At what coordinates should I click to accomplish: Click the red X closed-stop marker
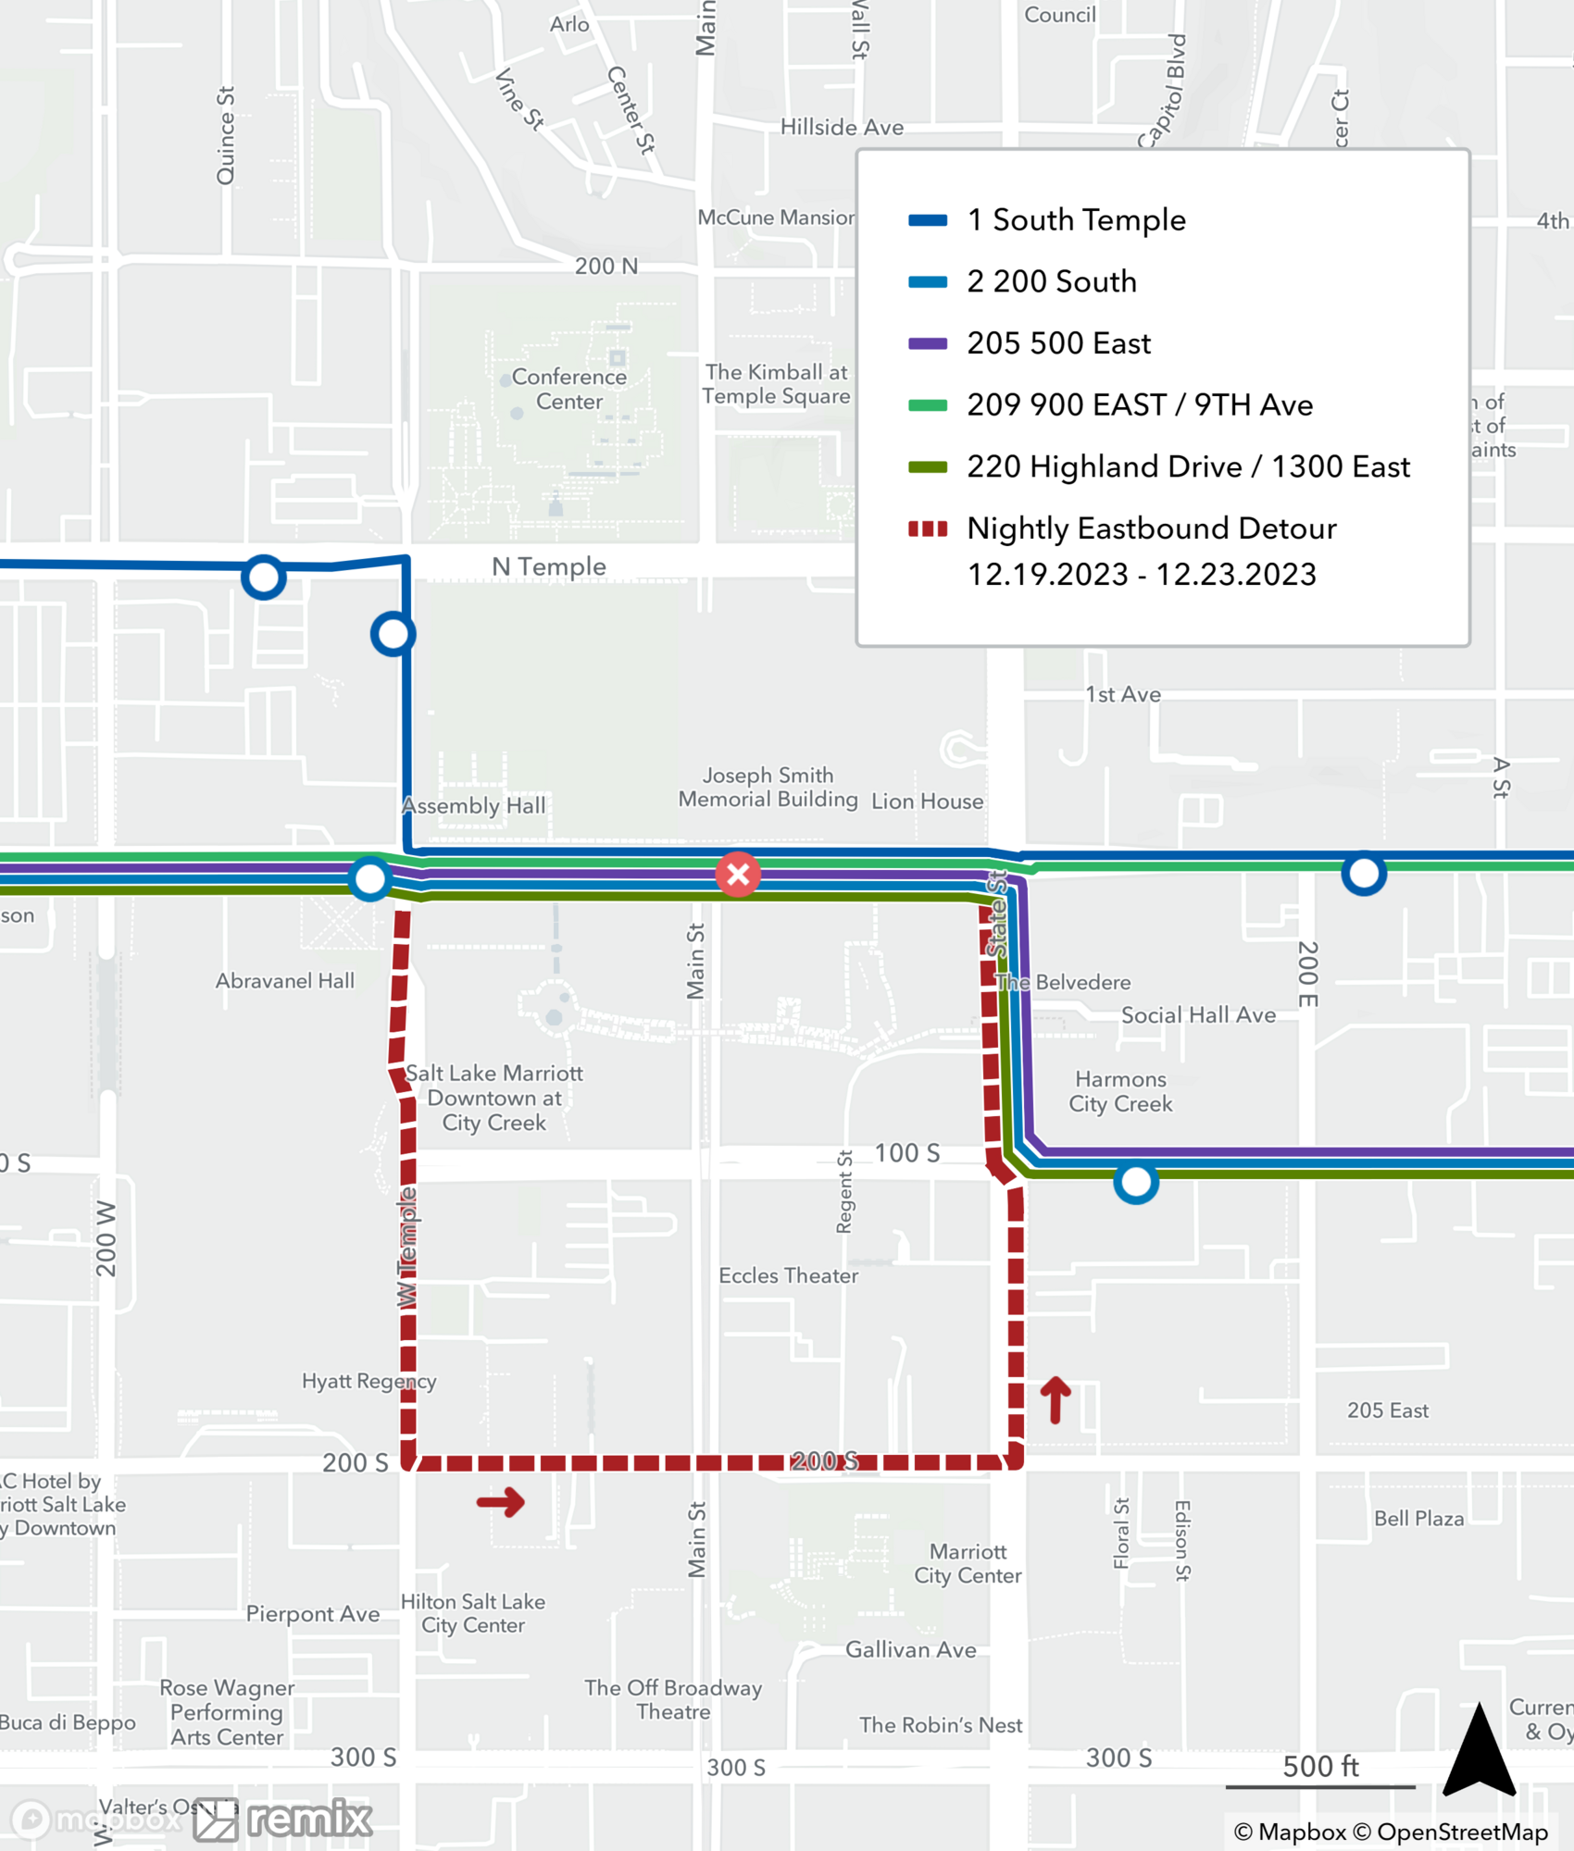coord(738,874)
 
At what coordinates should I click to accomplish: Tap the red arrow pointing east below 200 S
coord(501,1501)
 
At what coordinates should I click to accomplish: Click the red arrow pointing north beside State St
coord(1056,1398)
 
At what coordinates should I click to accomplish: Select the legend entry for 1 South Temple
coord(1076,220)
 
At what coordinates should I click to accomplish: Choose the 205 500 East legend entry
coord(1058,343)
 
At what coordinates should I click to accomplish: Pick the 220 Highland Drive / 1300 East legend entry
coord(1188,466)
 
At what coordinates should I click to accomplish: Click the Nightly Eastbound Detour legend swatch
coord(928,529)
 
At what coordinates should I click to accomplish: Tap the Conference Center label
coord(568,389)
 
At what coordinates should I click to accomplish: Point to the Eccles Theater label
coord(788,1275)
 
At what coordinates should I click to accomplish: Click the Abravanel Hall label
coord(285,981)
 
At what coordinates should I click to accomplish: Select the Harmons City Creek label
coord(1120,1091)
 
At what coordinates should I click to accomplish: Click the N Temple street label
coord(549,566)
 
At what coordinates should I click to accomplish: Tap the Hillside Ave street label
coord(842,127)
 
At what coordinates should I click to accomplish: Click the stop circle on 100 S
coord(1136,1182)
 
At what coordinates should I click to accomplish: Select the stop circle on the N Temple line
coord(264,578)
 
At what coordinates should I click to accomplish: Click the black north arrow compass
coord(1479,1752)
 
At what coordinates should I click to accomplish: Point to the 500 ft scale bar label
coord(1320,1766)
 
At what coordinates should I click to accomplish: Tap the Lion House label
coord(927,801)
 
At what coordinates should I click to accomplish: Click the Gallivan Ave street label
coord(910,1649)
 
